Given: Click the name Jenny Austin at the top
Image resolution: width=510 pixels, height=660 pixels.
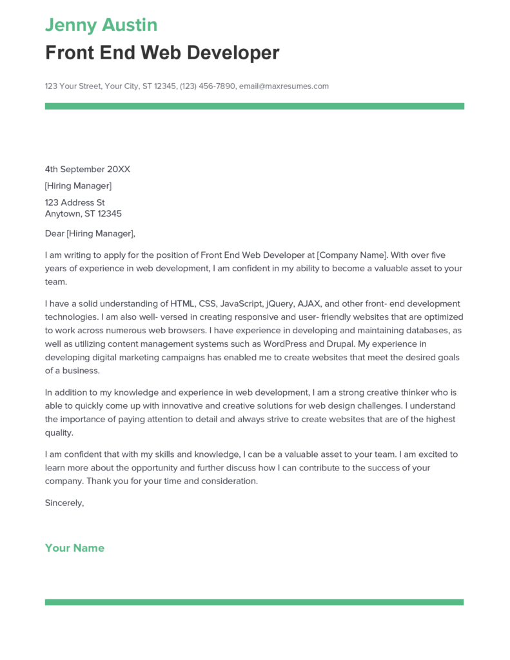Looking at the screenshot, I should [x=101, y=25].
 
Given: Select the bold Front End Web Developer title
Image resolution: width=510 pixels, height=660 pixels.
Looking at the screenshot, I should [x=162, y=53].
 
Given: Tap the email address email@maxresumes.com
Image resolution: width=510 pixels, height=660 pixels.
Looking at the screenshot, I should [x=284, y=86].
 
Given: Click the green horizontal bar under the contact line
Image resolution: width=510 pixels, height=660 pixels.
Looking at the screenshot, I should [x=254, y=106].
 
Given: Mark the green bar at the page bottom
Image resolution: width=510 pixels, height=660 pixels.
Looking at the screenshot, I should [x=254, y=602].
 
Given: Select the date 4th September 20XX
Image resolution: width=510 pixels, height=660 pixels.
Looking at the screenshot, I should [x=87, y=170].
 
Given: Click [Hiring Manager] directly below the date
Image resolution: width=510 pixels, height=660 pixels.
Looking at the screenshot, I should [x=78, y=186].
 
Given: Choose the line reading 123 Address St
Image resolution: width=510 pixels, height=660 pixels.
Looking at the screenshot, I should [x=75, y=203].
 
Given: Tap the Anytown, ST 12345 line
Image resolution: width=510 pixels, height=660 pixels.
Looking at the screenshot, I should [x=83, y=214].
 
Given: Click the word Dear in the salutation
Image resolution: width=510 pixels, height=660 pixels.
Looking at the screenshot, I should [x=55, y=233].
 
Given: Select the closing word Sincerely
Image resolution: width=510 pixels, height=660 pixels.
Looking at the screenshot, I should [x=64, y=503].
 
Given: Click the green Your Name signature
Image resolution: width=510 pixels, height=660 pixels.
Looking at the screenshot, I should [x=74, y=548].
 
